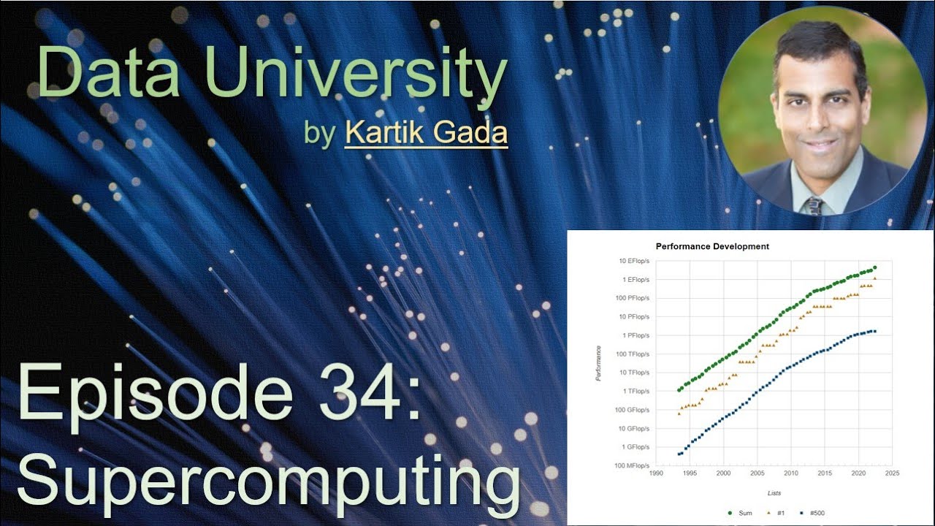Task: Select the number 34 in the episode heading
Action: pyautogui.click(x=358, y=395)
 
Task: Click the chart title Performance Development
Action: pyautogui.click(x=712, y=247)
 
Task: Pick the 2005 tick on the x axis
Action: pyautogui.click(x=757, y=473)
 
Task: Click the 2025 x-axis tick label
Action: pyautogui.click(x=892, y=473)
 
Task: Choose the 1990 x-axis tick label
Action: pyautogui.click(x=656, y=473)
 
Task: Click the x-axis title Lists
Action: pyautogui.click(x=774, y=494)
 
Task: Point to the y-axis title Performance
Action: pyautogui.click(x=599, y=363)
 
